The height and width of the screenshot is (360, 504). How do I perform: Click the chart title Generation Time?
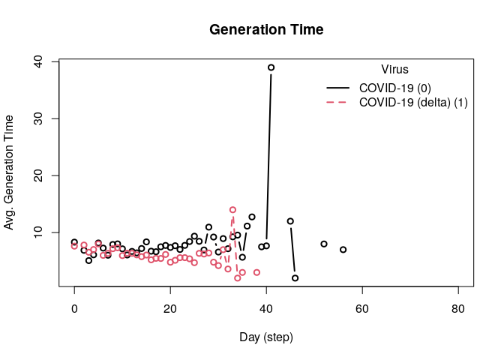tap(266, 31)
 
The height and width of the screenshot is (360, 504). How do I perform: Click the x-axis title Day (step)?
tap(266, 337)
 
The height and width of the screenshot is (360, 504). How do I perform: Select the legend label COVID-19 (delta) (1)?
tap(414, 103)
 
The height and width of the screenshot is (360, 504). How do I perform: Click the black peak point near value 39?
tap(271, 67)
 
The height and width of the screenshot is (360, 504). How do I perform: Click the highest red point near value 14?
tap(232, 210)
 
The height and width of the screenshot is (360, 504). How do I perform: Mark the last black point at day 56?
tap(343, 250)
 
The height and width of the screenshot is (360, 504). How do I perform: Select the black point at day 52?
tap(324, 244)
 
